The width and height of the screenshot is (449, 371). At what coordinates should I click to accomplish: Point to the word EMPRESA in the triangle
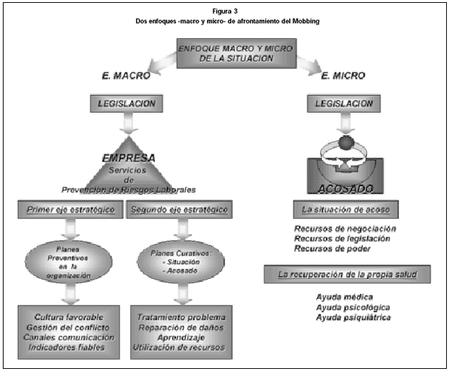pos(129,158)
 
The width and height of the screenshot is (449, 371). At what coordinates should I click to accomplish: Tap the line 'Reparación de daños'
pos(180,327)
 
